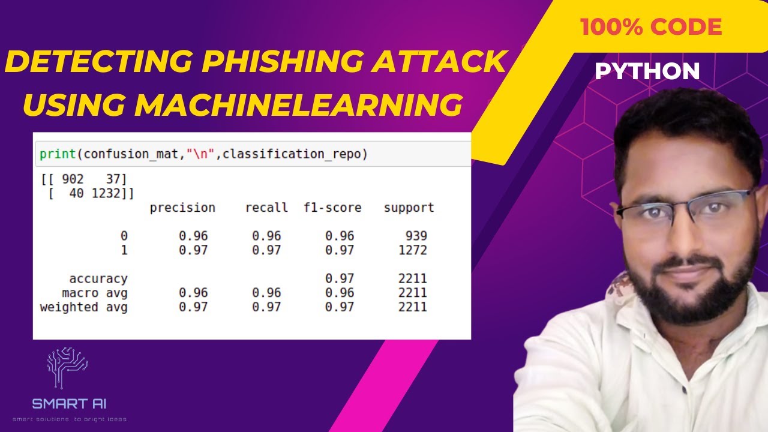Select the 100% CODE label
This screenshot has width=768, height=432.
coord(650,27)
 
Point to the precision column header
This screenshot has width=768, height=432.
coord(182,208)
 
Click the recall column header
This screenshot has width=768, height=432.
coord(266,208)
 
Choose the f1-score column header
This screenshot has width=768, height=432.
coord(332,208)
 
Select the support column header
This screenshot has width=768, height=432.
coord(409,208)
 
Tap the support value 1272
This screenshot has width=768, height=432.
coord(413,250)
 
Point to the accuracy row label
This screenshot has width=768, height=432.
coord(98,279)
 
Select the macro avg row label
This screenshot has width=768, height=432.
coord(95,293)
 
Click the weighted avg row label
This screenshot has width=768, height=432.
coord(83,307)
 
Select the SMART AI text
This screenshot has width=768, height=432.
coord(70,404)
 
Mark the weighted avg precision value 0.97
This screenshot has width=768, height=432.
coord(193,307)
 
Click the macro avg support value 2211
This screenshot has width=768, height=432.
coord(413,293)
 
